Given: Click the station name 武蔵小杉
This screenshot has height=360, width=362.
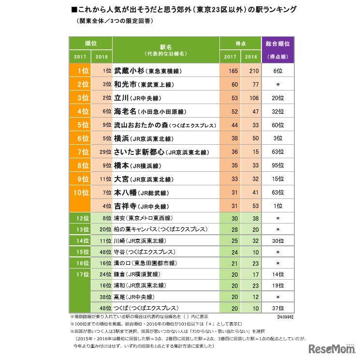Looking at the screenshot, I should (x=129, y=71).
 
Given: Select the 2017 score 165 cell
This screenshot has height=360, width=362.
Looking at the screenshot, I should (x=233, y=71).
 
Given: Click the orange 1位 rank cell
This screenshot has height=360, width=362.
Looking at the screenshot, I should (x=82, y=71).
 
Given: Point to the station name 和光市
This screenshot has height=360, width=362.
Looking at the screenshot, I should (x=125, y=84).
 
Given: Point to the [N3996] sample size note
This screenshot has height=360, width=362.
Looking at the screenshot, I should (x=285, y=316).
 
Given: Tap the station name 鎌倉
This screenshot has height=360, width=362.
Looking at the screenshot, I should (x=120, y=274).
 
